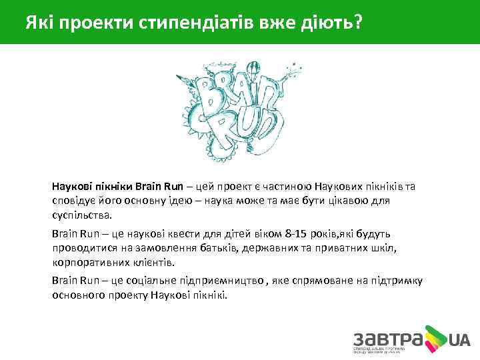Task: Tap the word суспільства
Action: [83, 215]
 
